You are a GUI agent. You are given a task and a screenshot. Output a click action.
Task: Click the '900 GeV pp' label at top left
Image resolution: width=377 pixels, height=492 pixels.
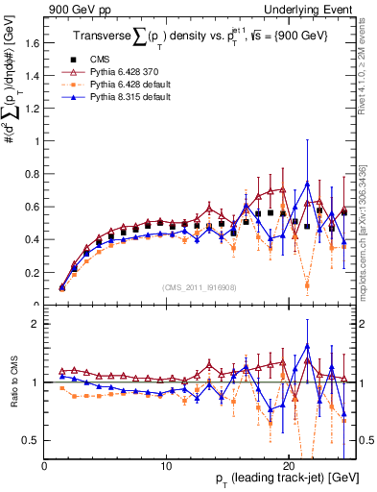click(74, 8)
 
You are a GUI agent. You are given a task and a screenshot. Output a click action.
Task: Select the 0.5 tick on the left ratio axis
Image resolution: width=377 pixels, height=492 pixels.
click(35, 440)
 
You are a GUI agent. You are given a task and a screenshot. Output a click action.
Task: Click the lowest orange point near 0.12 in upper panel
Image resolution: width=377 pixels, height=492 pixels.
click(307, 285)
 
